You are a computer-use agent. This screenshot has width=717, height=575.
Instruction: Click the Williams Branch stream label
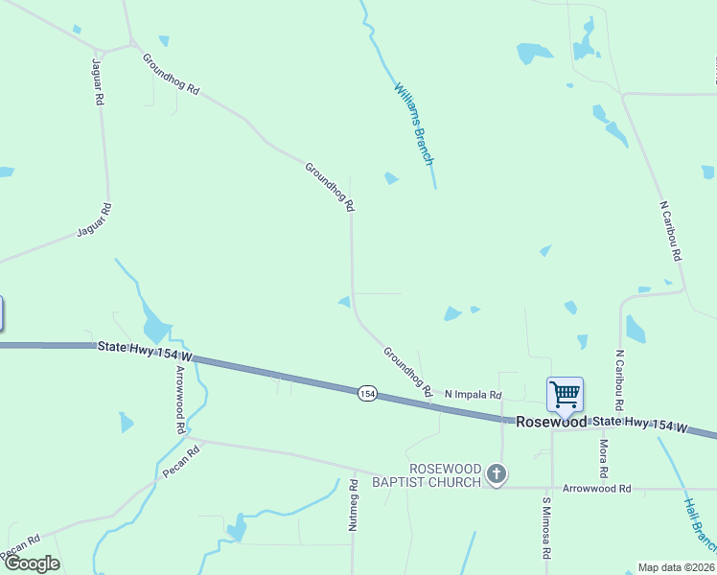[415, 123]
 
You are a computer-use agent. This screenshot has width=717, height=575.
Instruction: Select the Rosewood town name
[551, 422]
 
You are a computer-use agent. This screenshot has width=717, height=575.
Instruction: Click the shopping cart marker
[565, 393]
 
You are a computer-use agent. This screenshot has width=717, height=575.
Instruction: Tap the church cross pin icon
[496, 474]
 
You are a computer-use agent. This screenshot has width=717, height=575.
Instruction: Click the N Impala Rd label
[474, 395]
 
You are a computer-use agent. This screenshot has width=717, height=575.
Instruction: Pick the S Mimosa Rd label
[545, 527]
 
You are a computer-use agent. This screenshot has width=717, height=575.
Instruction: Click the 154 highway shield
[367, 393]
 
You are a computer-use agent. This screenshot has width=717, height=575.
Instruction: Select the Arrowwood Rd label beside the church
[597, 489]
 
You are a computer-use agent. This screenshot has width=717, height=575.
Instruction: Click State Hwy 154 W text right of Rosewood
[640, 424]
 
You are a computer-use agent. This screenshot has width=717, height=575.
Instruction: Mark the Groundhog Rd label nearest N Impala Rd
[408, 372]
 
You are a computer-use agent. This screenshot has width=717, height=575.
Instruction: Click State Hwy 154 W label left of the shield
[145, 351]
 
